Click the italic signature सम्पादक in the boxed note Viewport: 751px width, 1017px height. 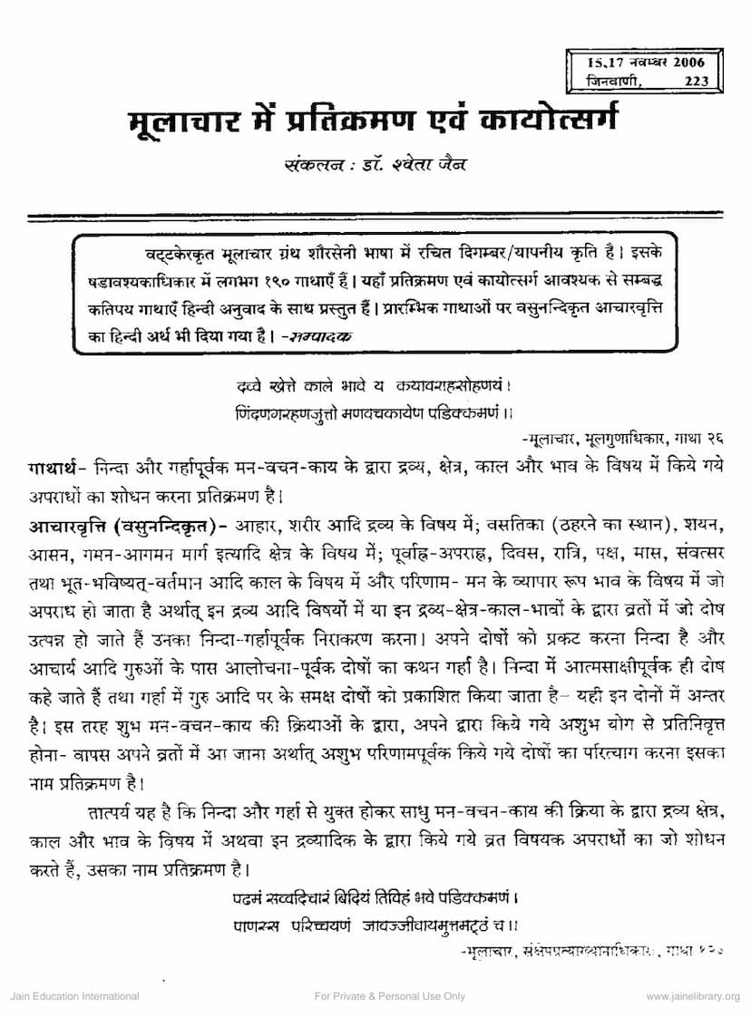318,335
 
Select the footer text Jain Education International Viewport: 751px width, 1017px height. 74,996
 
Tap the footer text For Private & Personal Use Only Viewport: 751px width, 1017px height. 390,996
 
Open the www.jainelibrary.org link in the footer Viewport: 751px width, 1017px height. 693,996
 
